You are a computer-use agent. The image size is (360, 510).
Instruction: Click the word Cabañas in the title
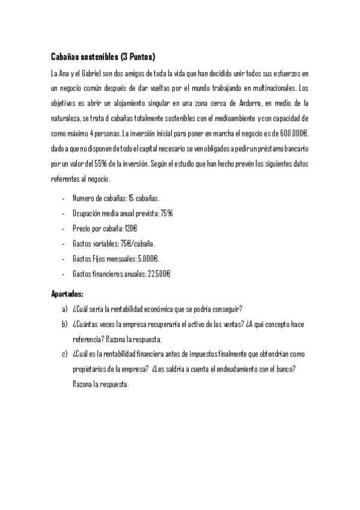[66, 58]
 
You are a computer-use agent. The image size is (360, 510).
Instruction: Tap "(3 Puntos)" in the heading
[138, 58]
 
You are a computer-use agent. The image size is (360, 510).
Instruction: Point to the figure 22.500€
[159, 274]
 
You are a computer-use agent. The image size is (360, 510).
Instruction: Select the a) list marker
[64, 309]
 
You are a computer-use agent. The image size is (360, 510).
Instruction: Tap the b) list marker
[64, 324]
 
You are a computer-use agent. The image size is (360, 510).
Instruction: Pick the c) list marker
[64, 354]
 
